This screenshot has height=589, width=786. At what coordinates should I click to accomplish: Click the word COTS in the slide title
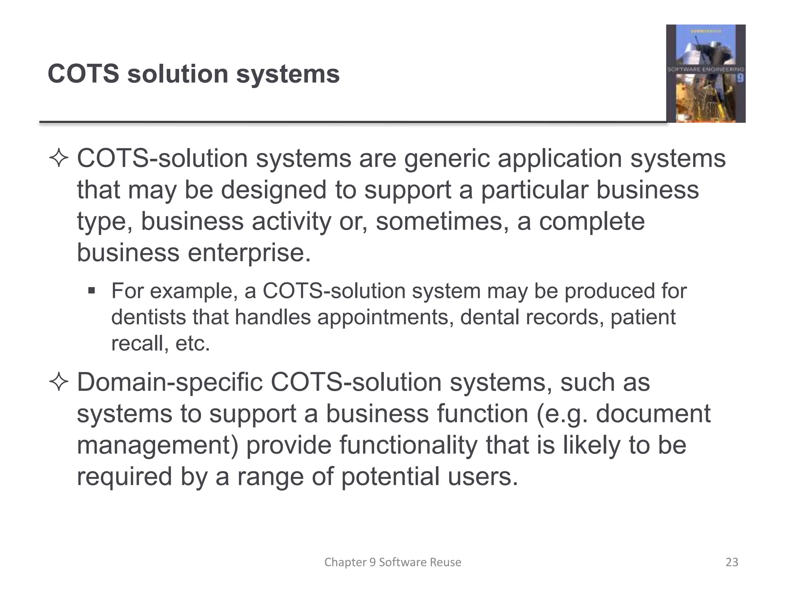pos(83,74)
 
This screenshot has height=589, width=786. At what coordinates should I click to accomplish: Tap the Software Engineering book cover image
pos(705,74)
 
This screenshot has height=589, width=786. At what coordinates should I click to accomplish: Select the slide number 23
pos(732,562)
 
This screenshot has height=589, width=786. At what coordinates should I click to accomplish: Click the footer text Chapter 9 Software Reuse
pos(393,562)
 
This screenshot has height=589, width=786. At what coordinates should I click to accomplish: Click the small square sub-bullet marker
pos(91,290)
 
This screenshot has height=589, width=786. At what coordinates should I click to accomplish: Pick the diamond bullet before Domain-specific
pos(59,383)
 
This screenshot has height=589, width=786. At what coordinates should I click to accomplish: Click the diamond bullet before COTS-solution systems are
pos(59,159)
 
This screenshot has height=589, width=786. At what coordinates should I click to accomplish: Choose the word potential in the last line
pos(390,477)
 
